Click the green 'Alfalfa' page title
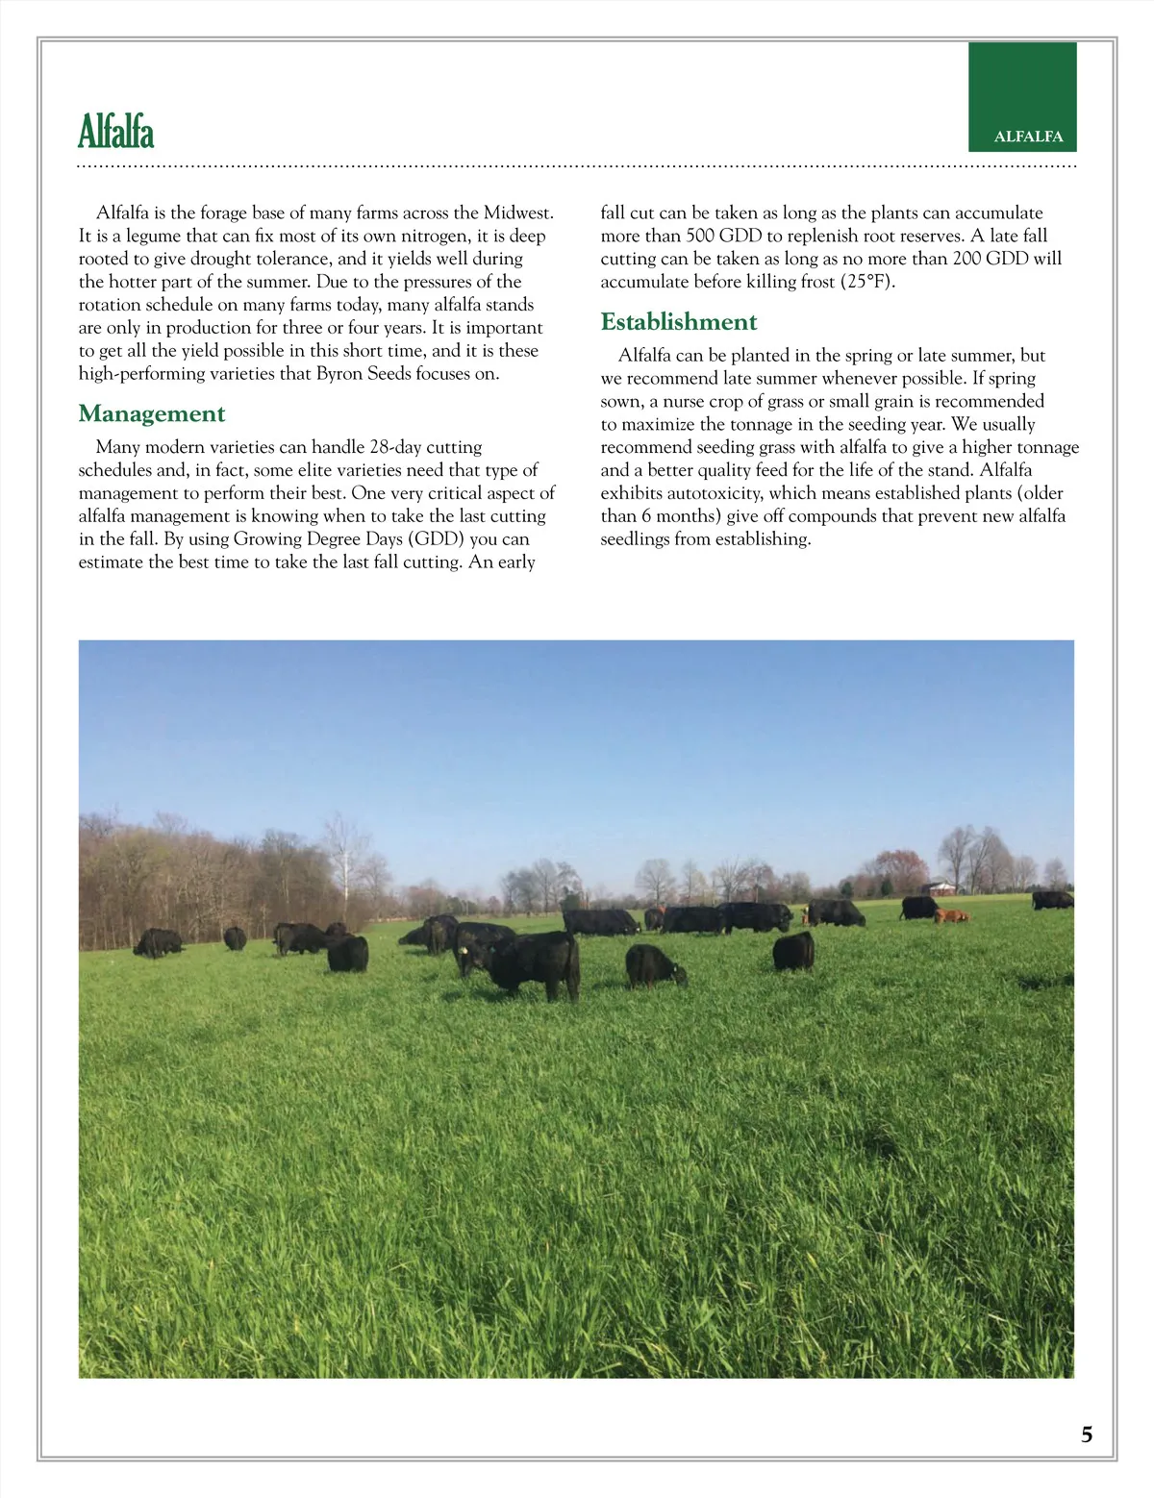click(116, 132)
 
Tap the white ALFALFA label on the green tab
click(1028, 137)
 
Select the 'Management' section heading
click(152, 413)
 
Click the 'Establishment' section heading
click(679, 321)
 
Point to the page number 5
click(1087, 1435)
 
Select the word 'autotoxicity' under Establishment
click(714, 492)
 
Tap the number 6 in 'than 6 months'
click(646, 515)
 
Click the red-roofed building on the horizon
click(940, 885)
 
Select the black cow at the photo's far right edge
click(1052, 899)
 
